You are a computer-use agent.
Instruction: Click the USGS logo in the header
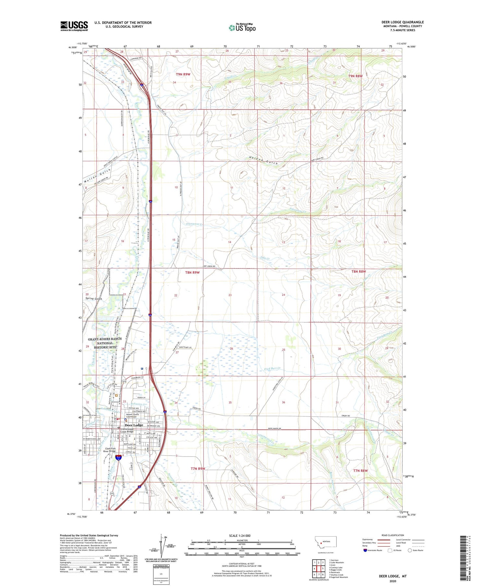[x=74, y=26]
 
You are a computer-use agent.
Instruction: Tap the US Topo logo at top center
[x=242, y=28]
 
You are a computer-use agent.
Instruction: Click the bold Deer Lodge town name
[x=134, y=425]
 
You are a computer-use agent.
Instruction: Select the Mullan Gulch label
[x=97, y=176]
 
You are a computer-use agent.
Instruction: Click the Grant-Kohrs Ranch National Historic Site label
[x=105, y=343]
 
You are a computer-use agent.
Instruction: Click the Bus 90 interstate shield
[x=118, y=457]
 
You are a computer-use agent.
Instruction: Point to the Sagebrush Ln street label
[x=137, y=378]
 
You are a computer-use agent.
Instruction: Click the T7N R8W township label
[x=360, y=471]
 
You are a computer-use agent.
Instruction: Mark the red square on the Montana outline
[x=321, y=542]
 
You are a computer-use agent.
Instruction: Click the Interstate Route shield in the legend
[x=365, y=550]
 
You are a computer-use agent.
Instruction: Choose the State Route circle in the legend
[x=410, y=550]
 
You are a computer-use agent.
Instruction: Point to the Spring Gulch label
[x=94, y=299]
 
